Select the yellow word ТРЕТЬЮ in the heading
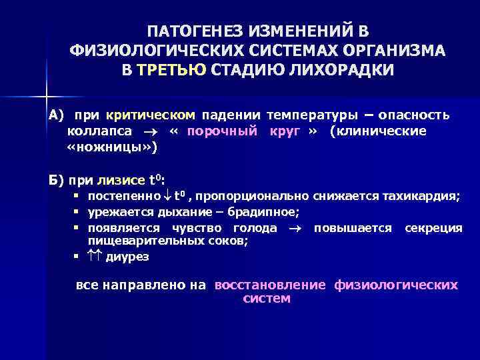coord(172,70)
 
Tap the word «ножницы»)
coord(113,147)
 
